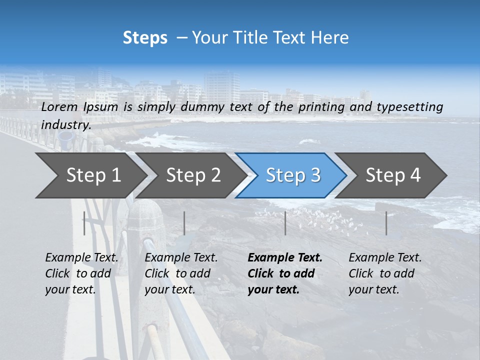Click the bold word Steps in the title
tap(145, 38)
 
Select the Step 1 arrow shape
tap(90, 175)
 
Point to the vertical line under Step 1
tap(84, 223)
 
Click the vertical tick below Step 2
tap(184, 223)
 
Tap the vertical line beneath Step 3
tap(285, 223)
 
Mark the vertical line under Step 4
tap(386, 223)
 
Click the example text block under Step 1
tap(81, 273)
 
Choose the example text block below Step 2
tap(180, 273)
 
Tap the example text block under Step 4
tap(384, 273)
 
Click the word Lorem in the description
tap(59, 106)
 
